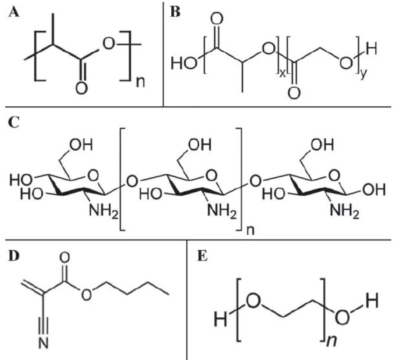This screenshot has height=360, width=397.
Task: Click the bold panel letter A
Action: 13,12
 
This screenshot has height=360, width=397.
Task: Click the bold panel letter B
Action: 175,12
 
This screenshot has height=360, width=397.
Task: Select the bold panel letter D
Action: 14,256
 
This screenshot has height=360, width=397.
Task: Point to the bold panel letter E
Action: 202,256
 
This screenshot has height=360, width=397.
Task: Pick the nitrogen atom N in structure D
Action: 44,343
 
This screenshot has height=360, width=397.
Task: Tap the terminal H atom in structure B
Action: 371,49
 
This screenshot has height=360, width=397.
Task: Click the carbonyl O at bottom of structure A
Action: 81,88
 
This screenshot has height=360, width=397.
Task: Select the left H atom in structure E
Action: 220,319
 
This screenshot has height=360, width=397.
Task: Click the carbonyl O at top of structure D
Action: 64,258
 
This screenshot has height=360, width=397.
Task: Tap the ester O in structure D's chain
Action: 87,295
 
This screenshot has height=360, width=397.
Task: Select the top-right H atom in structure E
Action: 371,302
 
